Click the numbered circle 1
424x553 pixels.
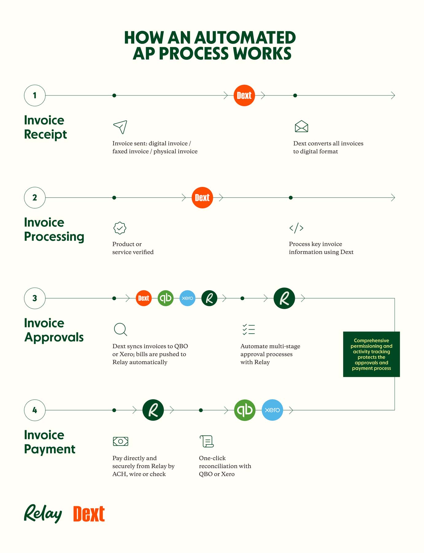coord(35,96)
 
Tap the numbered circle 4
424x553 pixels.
coord(35,410)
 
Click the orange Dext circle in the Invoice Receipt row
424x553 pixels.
coord(244,96)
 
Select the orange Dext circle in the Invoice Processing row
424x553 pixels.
coord(202,198)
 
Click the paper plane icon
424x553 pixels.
coord(120,127)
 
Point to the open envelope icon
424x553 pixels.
coord(301,126)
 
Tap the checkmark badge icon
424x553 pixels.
coord(120,228)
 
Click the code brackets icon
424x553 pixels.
coord(296,228)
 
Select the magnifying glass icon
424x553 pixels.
coord(120,329)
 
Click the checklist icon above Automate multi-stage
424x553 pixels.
coord(249,329)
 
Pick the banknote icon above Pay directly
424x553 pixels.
coord(121,441)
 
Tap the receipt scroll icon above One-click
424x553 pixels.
coord(207,441)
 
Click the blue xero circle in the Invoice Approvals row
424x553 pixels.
coord(187,298)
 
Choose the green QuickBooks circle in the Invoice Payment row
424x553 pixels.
coord(245,410)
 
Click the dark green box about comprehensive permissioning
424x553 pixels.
coord(371,354)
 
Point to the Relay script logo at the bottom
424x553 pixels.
coord(43,514)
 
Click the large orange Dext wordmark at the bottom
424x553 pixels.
coord(89,514)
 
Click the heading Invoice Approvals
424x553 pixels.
coord(54,330)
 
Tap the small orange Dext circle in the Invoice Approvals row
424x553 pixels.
coord(144,298)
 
